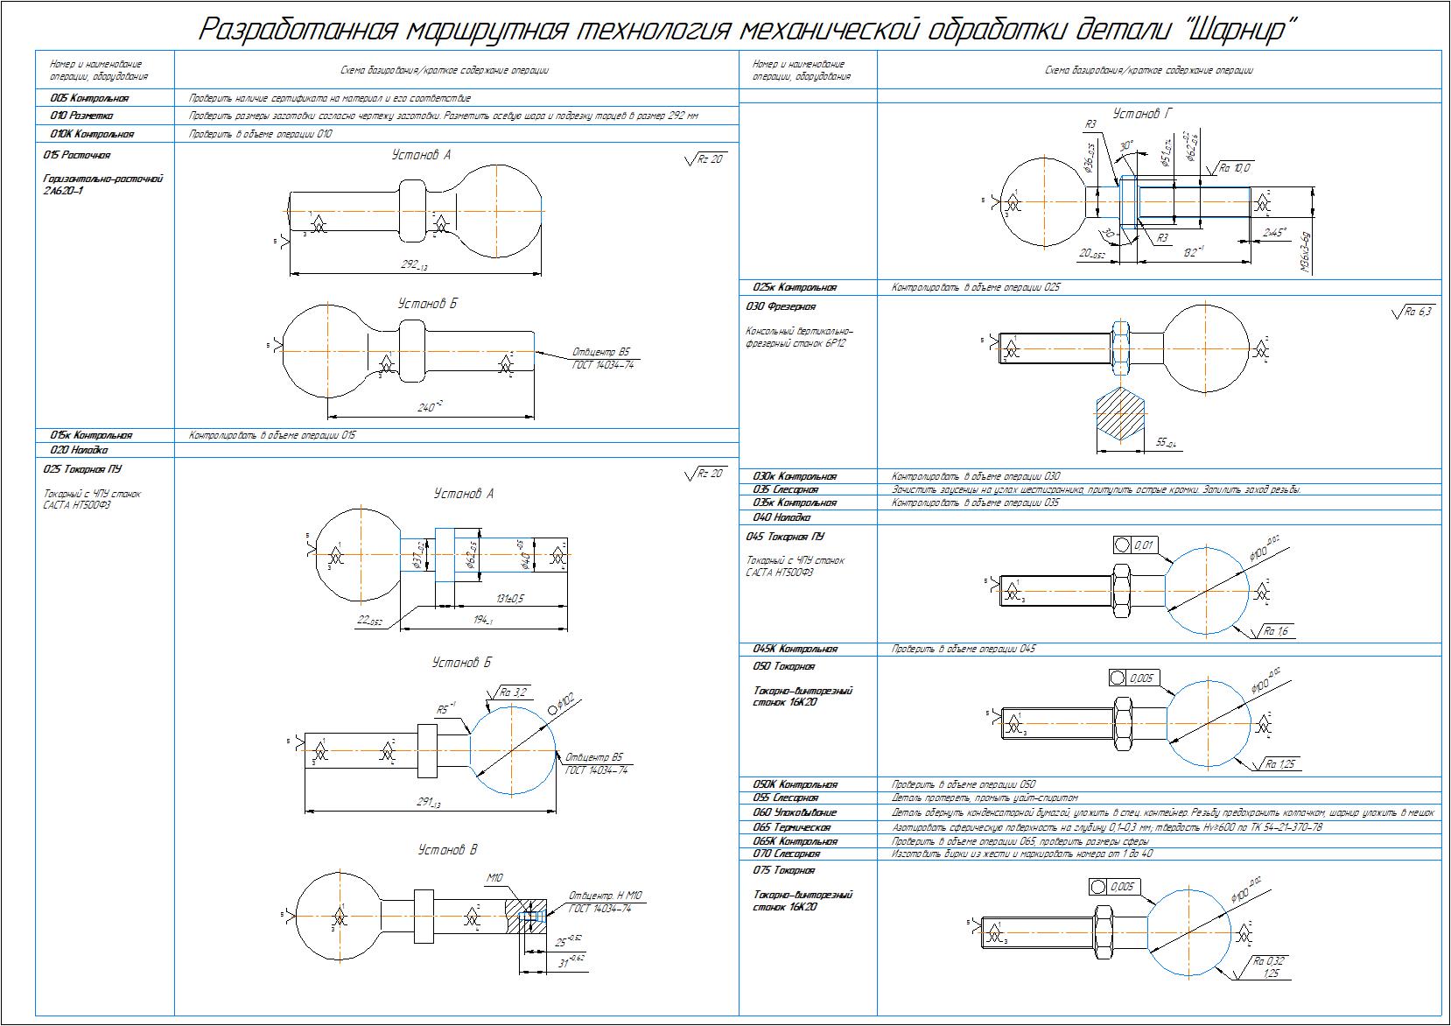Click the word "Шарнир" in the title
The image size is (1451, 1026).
click(x=1230, y=28)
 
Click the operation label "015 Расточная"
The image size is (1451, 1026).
click(x=77, y=155)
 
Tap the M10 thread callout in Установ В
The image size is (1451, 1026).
click(x=496, y=877)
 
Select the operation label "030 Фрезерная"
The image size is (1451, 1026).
click(x=781, y=307)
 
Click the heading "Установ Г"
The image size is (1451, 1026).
click(x=1142, y=114)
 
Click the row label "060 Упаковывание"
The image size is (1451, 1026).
click(x=794, y=813)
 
